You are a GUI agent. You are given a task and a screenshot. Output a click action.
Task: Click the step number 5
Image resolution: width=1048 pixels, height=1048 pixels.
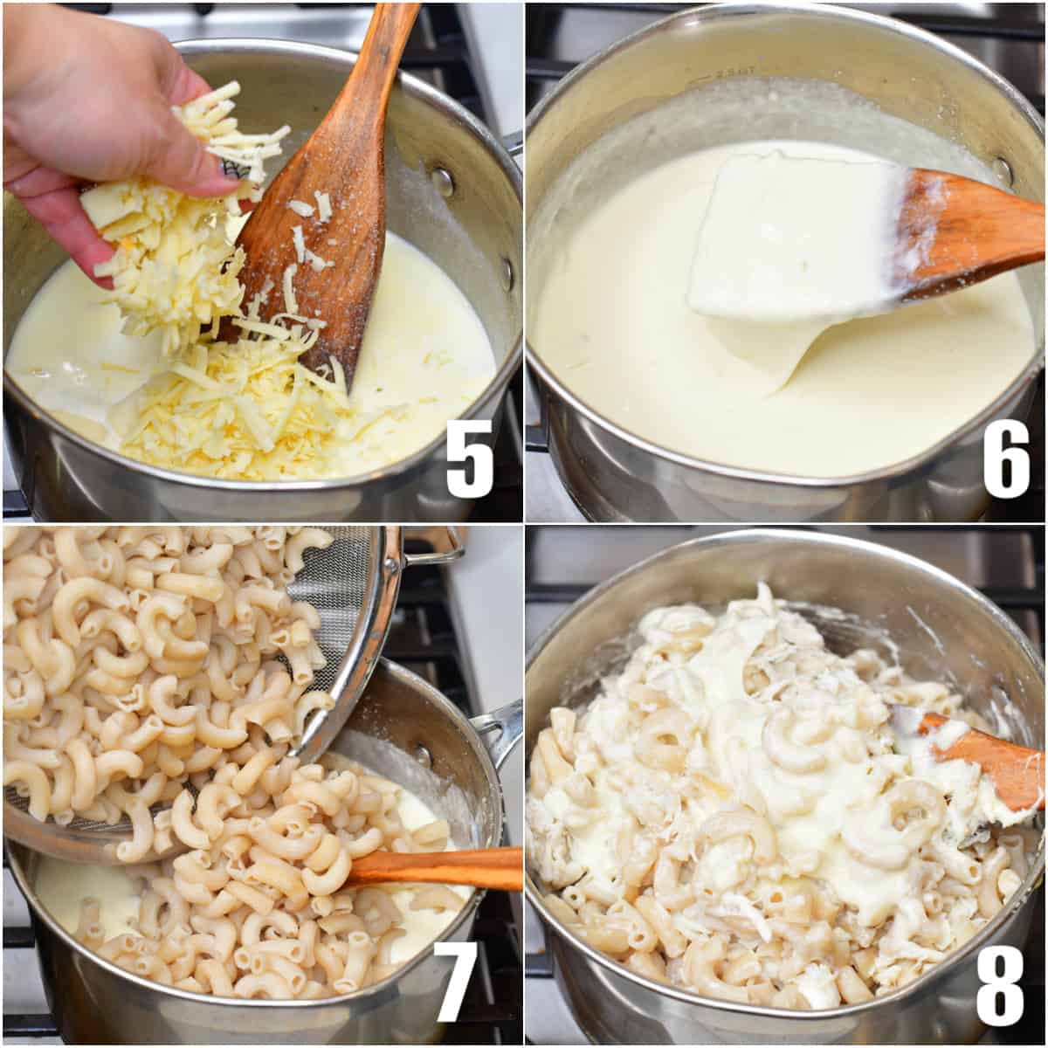pyautogui.click(x=470, y=458)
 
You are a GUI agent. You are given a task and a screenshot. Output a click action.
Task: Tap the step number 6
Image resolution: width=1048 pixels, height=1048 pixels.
pyautogui.click(x=1007, y=458)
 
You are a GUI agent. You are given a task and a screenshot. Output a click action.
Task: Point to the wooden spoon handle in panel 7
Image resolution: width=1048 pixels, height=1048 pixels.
pyautogui.click(x=437, y=867)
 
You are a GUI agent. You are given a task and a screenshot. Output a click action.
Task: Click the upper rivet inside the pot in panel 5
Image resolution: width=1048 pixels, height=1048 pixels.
pyautogui.click(x=444, y=181)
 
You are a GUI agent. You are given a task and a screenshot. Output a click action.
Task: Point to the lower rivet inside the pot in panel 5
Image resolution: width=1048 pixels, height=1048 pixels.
pyautogui.click(x=507, y=272)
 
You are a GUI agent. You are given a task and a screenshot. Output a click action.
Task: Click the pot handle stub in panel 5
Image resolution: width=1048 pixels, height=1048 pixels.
pyautogui.click(x=514, y=144)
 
